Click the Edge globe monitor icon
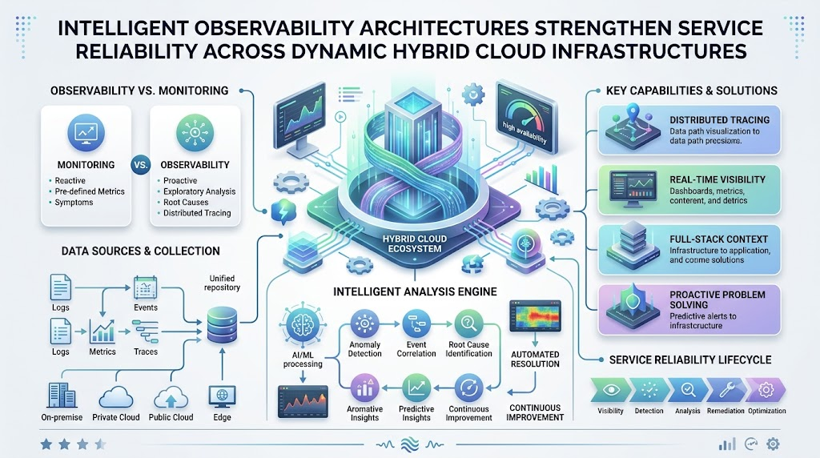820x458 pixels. click(x=222, y=397)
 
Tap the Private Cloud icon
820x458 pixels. click(x=115, y=396)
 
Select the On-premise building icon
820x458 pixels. click(x=62, y=395)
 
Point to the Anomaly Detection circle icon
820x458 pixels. click(x=364, y=323)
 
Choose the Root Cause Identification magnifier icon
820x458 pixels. click(x=468, y=323)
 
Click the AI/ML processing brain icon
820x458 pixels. click(x=303, y=324)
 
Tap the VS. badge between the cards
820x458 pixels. click(x=141, y=165)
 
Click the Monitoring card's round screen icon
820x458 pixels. click(x=86, y=132)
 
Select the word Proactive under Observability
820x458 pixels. click(x=180, y=180)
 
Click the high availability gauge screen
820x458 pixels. click(x=525, y=118)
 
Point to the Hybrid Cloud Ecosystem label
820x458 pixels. click(x=415, y=243)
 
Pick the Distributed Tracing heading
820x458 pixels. click(x=720, y=120)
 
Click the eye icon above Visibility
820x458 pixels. click(x=611, y=389)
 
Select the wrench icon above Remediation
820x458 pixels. click(x=727, y=389)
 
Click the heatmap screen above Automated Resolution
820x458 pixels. click(x=535, y=315)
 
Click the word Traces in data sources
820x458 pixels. click(x=146, y=352)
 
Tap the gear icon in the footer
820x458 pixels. click(x=773, y=444)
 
